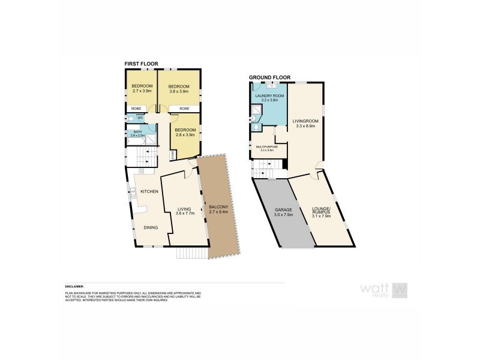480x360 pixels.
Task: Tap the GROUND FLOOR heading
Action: click(268, 77)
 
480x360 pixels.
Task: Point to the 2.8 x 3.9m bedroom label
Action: click(185, 133)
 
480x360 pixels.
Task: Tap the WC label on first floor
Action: click(140, 118)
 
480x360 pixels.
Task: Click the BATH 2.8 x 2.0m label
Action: click(138, 133)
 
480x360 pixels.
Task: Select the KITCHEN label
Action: click(149, 191)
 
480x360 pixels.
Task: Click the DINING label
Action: click(151, 227)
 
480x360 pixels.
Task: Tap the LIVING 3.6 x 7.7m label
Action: click(184, 211)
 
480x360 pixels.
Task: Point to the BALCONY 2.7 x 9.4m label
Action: click(217, 209)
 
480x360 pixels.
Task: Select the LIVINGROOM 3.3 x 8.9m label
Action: click(305, 124)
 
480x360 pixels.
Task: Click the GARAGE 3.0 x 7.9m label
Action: click(283, 212)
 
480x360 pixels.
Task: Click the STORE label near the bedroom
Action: click(173, 155)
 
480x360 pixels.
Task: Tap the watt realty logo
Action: click(384, 290)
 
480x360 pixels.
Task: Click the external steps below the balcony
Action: click(191, 253)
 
